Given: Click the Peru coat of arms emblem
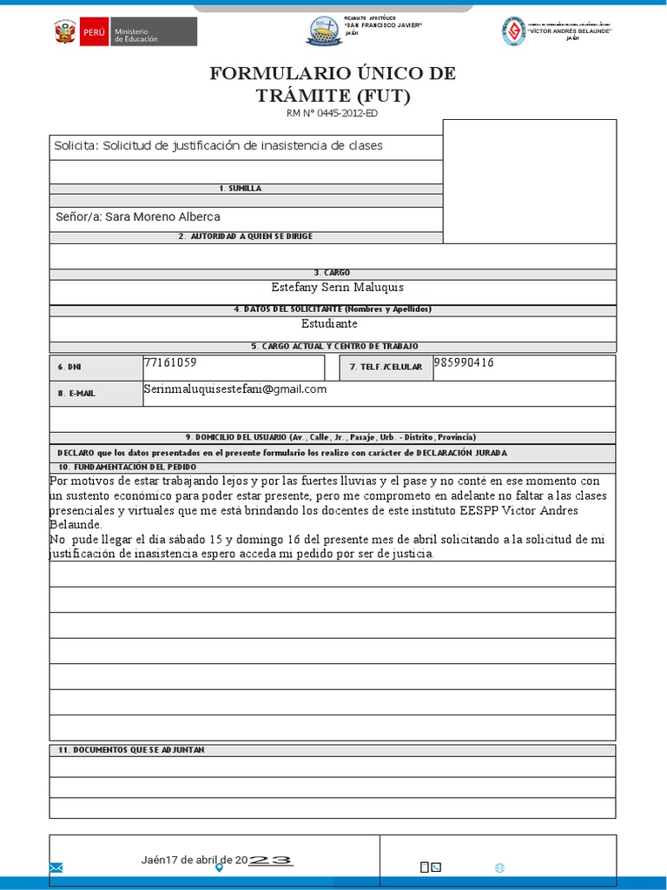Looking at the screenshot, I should pyautogui.click(x=63, y=32).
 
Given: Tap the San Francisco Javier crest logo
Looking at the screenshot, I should pyautogui.click(x=324, y=32).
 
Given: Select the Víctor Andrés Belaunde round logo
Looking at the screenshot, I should pyautogui.click(x=513, y=31).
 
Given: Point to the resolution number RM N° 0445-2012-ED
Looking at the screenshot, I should pyautogui.click(x=332, y=113).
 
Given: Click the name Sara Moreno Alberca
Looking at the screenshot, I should pyautogui.click(x=162, y=216).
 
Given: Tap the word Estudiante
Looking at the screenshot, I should pyautogui.click(x=329, y=323).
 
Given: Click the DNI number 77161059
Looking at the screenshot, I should pyautogui.click(x=169, y=362).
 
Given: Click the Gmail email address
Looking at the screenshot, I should pyautogui.click(x=234, y=389).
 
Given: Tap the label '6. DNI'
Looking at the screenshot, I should pyautogui.click(x=68, y=368).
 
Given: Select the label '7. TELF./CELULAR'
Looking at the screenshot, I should pyautogui.click(x=386, y=368).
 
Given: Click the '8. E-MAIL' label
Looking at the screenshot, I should pyautogui.click(x=76, y=394).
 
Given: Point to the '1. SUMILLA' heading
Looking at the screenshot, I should pyautogui.click(x=240, y=189).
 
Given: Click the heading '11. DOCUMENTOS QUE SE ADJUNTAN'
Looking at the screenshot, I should pyautogui.click(x=131, y=750).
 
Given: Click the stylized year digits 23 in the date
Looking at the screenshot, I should pyautogui.click(x=270, y=860).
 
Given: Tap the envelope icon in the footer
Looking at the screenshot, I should pyautogui.click(x=56, y=867).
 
